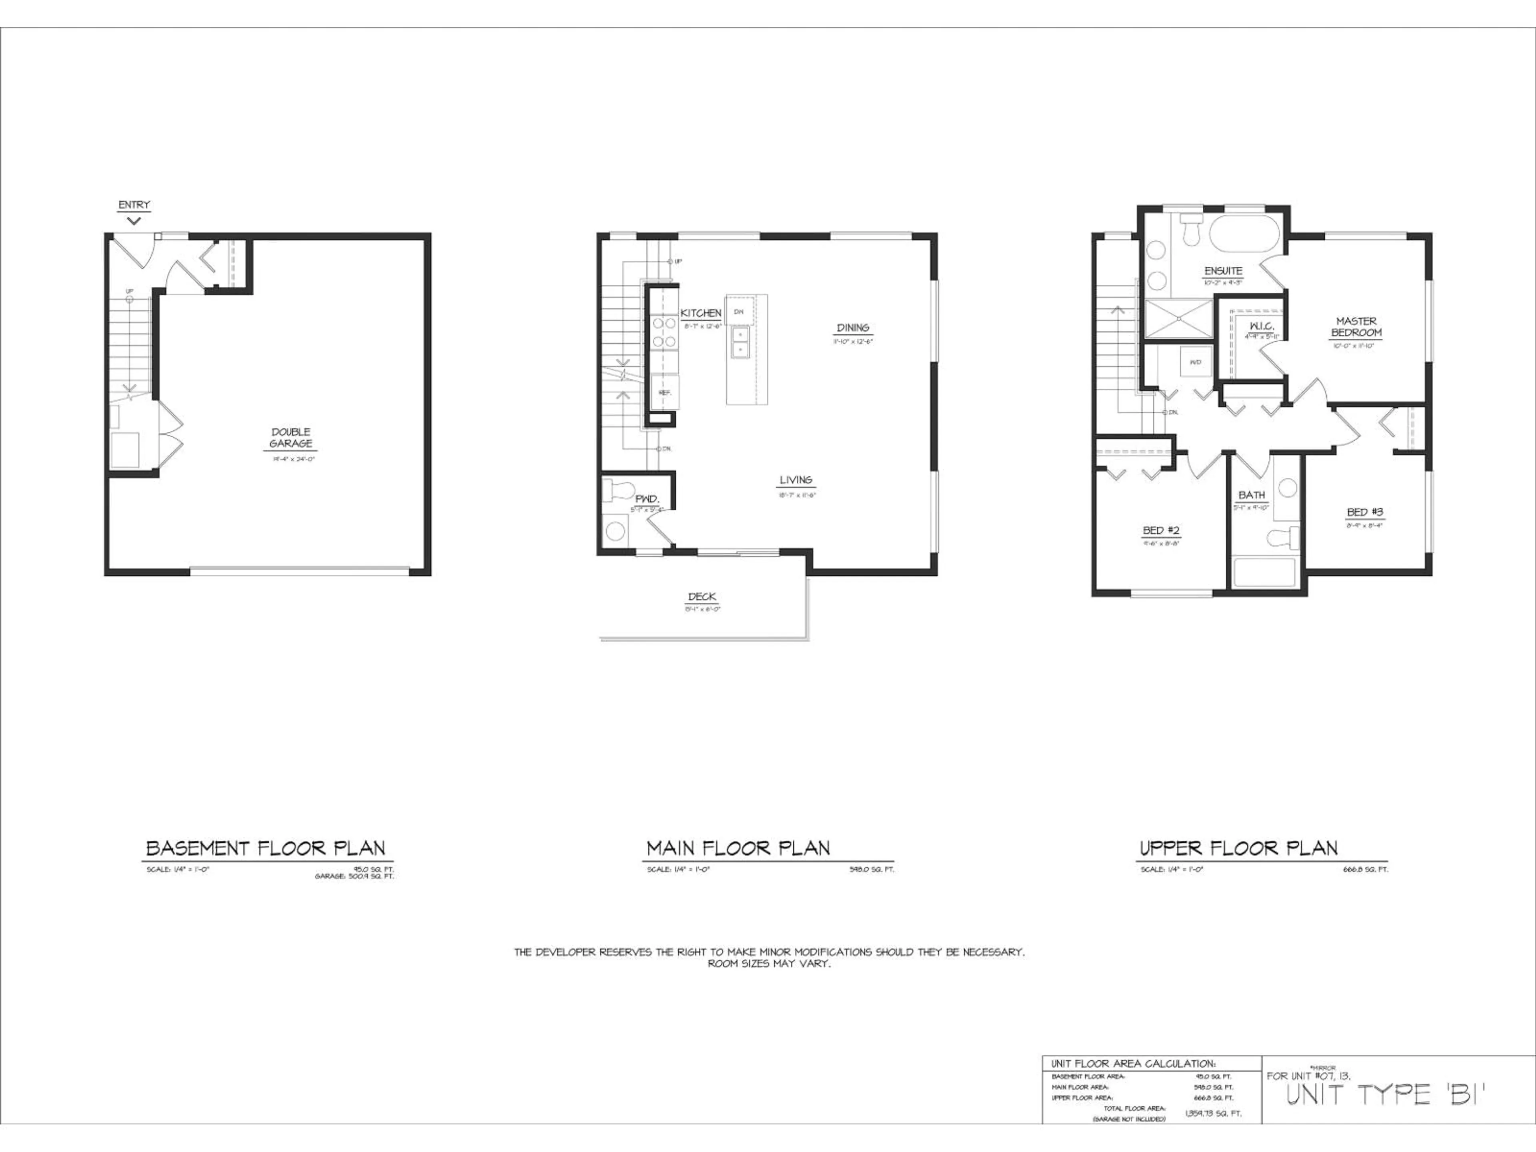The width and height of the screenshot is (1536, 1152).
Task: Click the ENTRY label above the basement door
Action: [134, 205]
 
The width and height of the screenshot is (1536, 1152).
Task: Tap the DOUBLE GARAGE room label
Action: [291, 438]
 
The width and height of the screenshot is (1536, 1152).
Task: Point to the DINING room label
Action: [853, 328]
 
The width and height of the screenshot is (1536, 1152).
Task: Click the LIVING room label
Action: [796, 480]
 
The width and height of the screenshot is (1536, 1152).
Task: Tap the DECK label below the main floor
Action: [702, 596]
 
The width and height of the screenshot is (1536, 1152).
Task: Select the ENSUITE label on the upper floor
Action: [1223, 271]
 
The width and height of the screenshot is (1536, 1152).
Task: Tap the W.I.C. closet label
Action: [1261, 326]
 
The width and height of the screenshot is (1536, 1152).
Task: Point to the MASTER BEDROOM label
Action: [1356, 327]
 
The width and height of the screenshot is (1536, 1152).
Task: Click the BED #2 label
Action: [1161, 530]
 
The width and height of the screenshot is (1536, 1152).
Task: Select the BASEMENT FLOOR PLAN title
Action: [265, 848]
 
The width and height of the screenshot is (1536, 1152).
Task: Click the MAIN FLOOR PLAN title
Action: [738, 848]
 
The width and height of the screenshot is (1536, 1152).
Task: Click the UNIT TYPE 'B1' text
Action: [1385, 1095]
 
